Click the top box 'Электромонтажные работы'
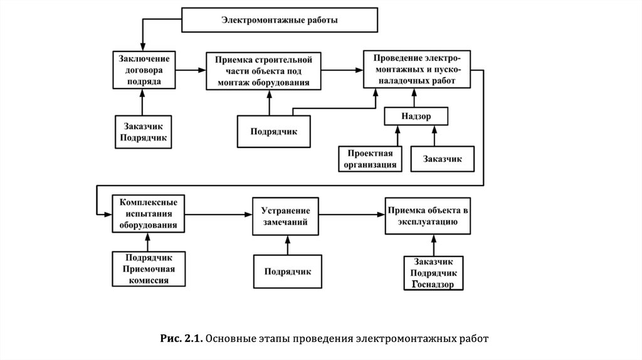[x=280, y=20]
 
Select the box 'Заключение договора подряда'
[x=144, y=69]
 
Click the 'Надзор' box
[x=416, y=116]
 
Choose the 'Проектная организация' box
[x=369, y=159]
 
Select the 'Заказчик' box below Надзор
[x=442, y=159]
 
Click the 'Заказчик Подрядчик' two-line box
[x=144, y=132]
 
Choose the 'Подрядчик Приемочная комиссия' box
[x=149, y=268]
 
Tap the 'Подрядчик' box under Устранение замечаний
[x=287, y=272]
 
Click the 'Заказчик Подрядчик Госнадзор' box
[x=433, y=273]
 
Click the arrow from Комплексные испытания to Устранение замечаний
[x=219, y=214]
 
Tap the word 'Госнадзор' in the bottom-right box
[x=433, y=284]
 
